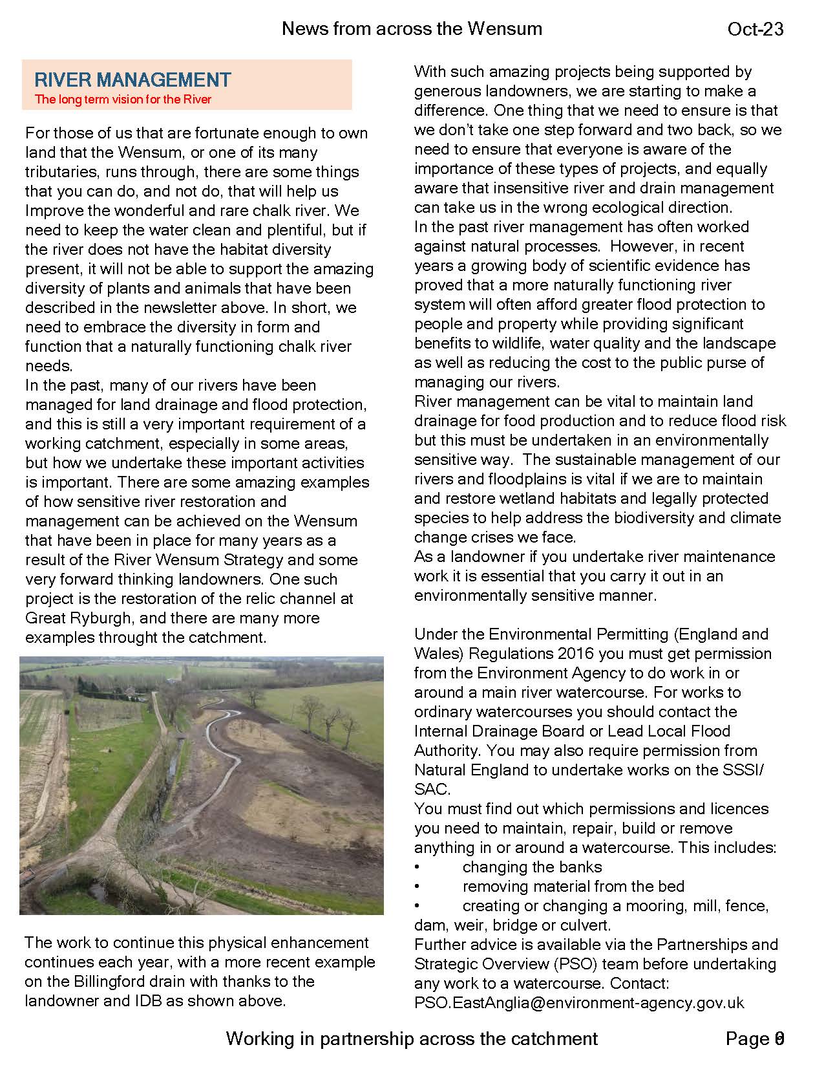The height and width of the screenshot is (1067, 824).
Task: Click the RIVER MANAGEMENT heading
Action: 132,80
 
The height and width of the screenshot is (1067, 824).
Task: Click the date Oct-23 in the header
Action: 755,29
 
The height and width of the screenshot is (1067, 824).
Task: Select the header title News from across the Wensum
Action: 412,28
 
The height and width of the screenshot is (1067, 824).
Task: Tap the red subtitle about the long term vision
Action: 123,100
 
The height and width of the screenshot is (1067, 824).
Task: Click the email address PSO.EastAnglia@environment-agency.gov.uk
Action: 579,1003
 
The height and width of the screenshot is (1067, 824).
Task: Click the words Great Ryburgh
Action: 79,618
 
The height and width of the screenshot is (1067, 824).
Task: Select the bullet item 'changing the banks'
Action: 532,867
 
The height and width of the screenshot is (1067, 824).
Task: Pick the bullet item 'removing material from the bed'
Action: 573,887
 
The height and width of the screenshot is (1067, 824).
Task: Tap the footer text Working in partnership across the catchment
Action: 412,1039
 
